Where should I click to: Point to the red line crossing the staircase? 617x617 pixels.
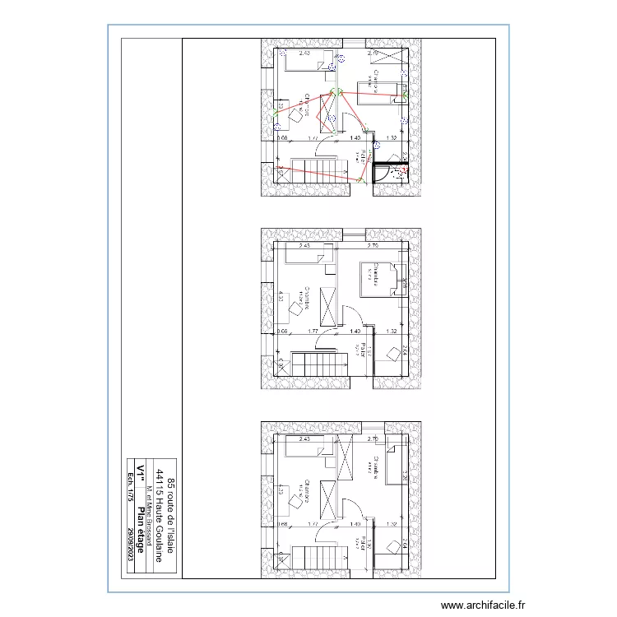point(321,175)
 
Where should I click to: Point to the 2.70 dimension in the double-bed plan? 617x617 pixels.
point(372,245)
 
